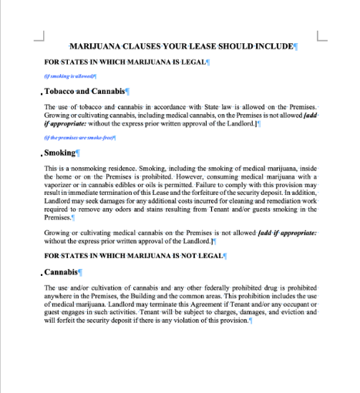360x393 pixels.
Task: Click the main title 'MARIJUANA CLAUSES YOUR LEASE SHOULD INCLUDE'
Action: point(182,47)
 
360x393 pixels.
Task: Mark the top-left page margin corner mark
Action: point(41,35)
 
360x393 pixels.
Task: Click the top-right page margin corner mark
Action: point(322,35)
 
